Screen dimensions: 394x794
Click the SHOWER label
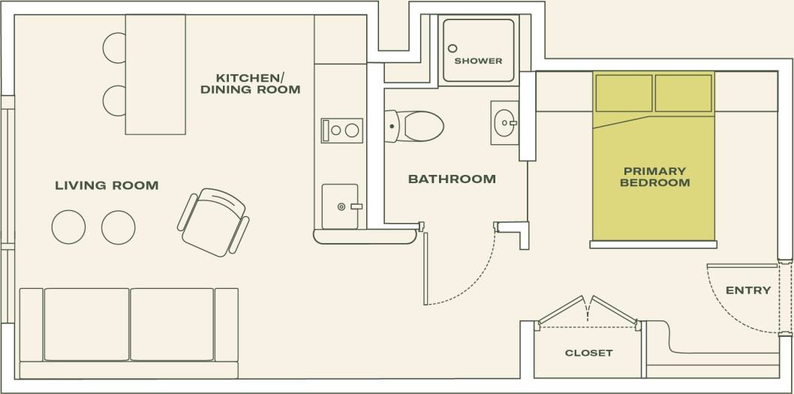point(478,61)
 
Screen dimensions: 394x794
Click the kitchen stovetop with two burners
point(342,131)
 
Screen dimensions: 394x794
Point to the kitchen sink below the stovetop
point(341,206)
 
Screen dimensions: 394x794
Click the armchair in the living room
point(214,222)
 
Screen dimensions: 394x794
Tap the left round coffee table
point(68,227)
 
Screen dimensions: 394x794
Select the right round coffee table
point(119,227)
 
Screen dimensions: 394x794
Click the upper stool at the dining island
point(114,47)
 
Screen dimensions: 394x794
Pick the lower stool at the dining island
point(114,101)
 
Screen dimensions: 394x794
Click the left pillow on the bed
point(624,93)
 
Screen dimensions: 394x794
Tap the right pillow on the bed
point(683,93)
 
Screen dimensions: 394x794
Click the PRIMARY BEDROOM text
point(654,177)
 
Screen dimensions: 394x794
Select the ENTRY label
point(748,290)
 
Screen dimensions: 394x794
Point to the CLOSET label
point(588,353)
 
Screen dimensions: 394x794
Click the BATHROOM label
point(452,179)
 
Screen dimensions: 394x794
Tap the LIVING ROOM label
point(107,185)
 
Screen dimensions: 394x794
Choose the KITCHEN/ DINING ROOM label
point(250,84)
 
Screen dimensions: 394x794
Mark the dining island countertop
point(155,74)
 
